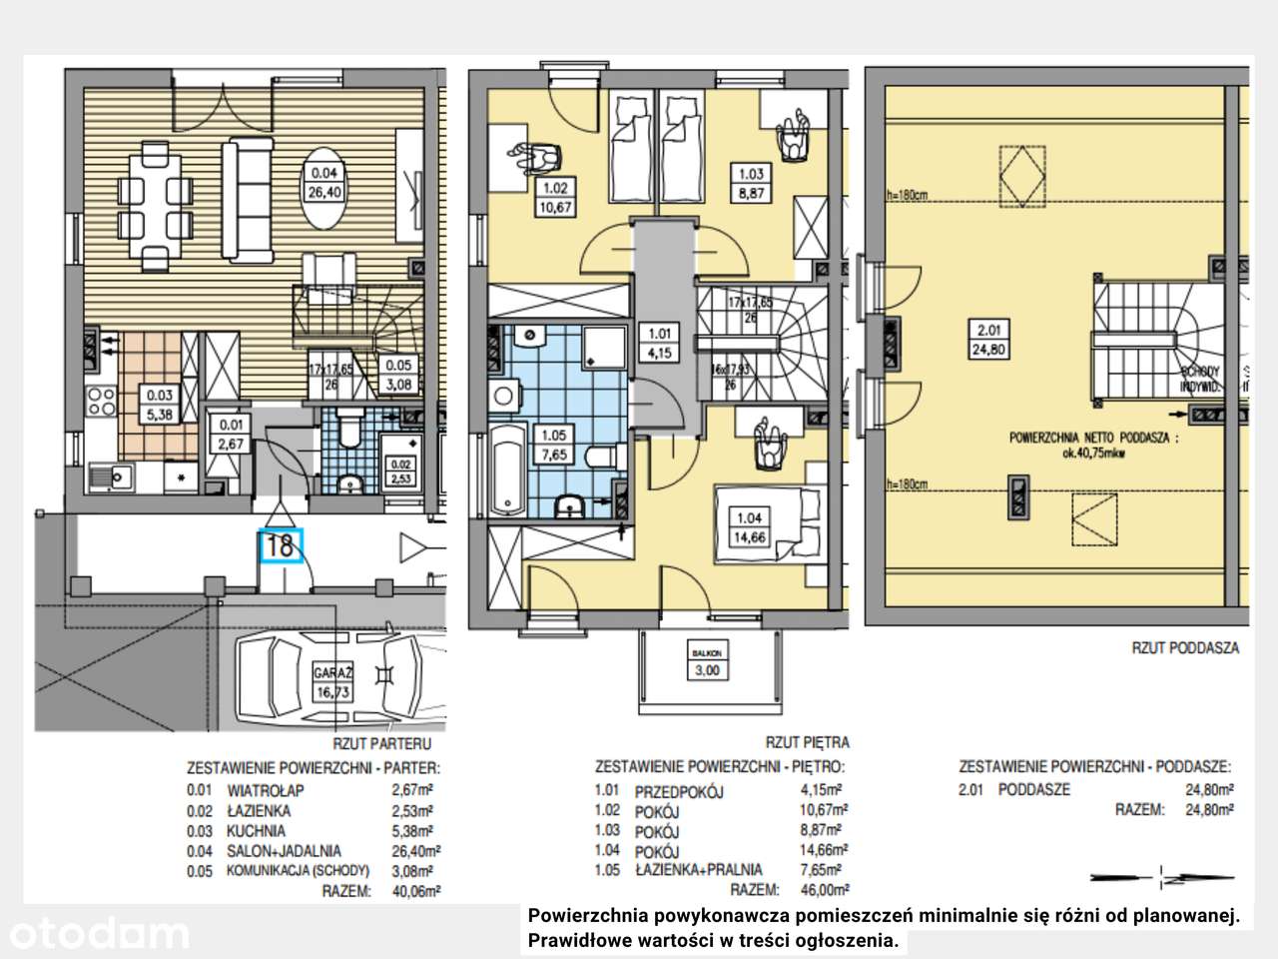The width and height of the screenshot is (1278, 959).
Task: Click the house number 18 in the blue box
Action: tap(281, 545)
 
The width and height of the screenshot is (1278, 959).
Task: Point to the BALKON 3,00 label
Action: tap(707, 662)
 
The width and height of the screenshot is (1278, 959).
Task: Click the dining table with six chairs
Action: tap(155, 206)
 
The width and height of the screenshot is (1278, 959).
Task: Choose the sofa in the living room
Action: tap(246, 190)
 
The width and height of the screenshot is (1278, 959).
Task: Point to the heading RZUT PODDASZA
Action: tap(1185, 647)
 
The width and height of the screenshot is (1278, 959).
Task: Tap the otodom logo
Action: tap(95, 933)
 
